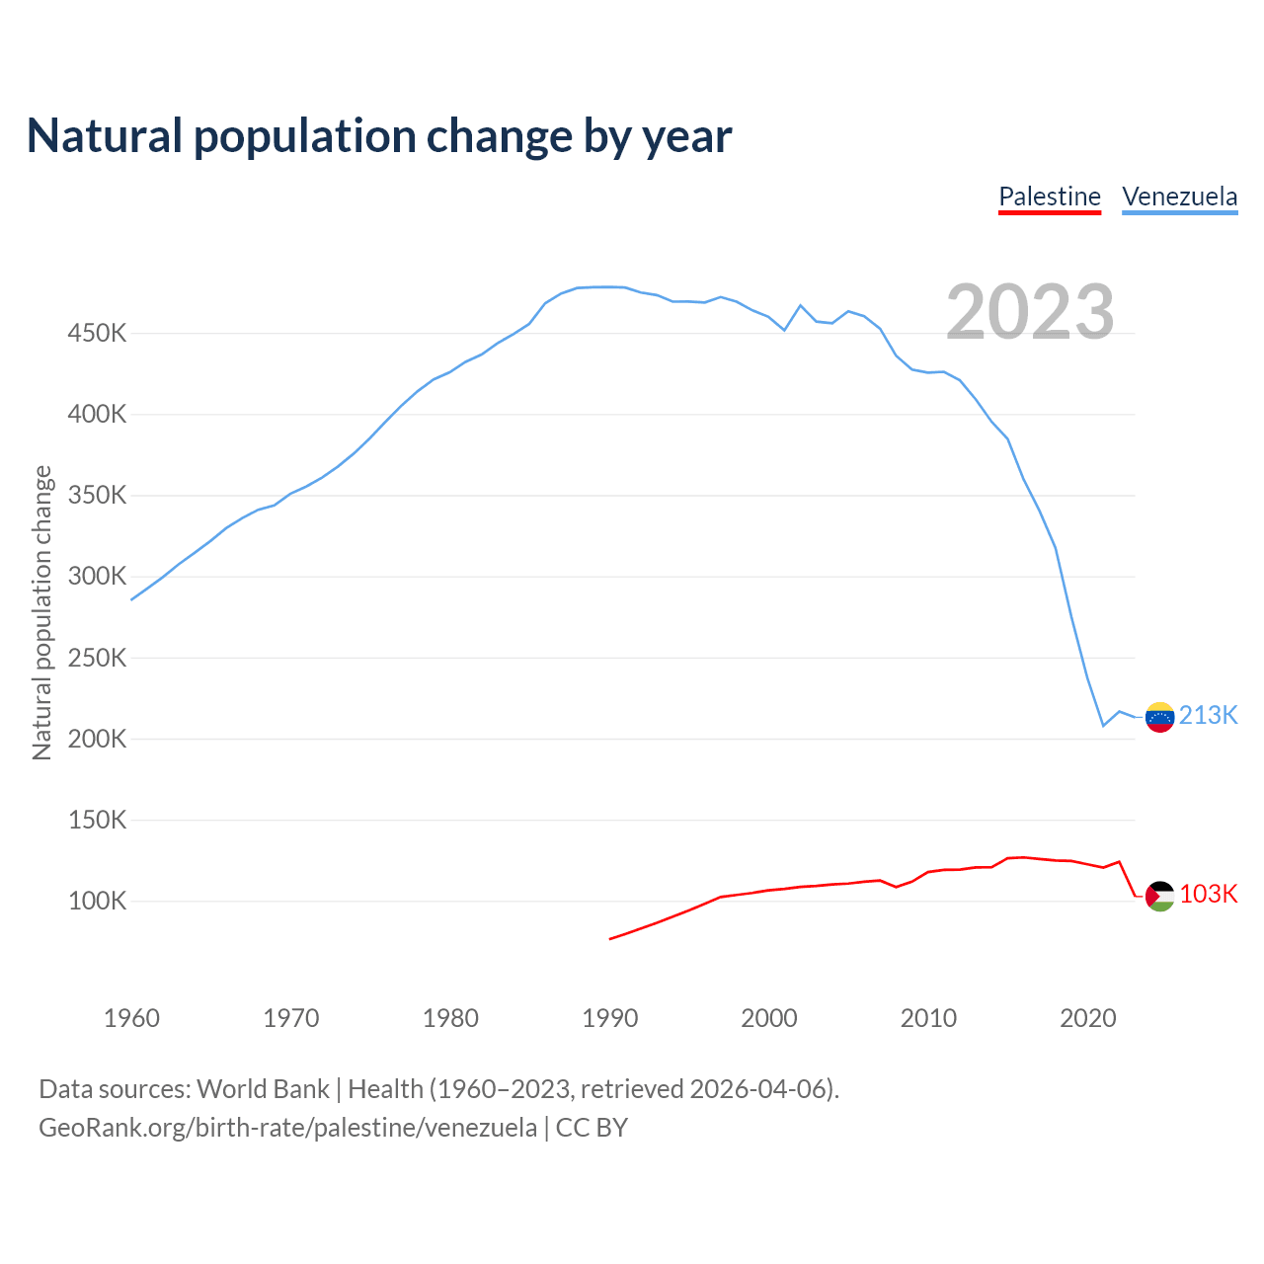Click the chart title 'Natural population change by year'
[379, 136]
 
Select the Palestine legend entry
[1050, 197]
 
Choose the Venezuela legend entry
[1180, 197]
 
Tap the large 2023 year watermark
[1030, 312]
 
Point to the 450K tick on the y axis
[97, 334]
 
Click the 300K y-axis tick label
[97, 577]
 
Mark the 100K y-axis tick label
[97, 902]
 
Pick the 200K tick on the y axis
[97, 740]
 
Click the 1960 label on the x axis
[131, 1018]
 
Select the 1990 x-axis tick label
[610, 1018]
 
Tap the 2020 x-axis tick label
[1088, 1018]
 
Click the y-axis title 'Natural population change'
[42, 613]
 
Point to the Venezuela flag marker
[1159, 717]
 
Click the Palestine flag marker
[1160, 896]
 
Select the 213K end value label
[1209, 715]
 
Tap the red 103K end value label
[1209, 894]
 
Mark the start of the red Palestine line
[610, 938]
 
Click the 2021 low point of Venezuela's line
[1104, 726]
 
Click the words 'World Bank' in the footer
[263, 1089]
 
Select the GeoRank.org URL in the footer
[287, 1128]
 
